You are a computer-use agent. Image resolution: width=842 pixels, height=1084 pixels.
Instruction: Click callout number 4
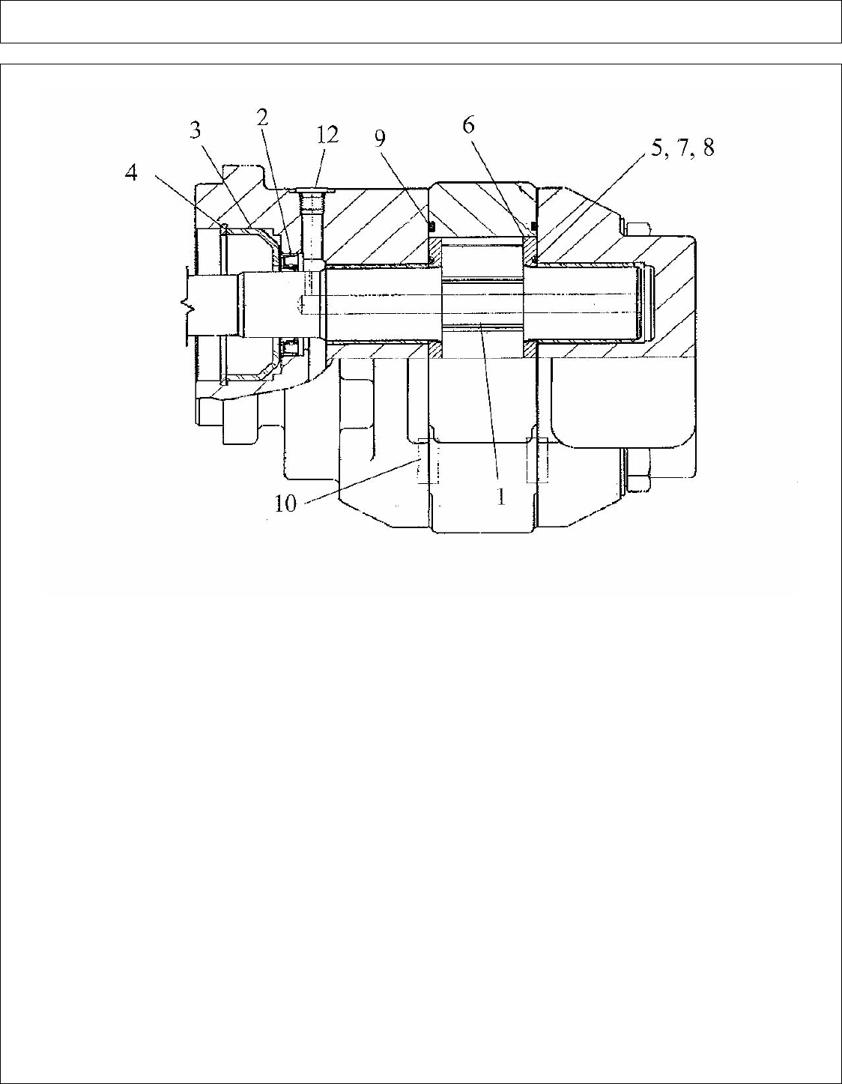click(x=131, y=173)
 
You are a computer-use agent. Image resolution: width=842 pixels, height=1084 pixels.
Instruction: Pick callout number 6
click(x=468, y=124)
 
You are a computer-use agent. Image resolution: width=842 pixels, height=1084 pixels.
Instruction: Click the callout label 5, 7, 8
click(x=682, y=148)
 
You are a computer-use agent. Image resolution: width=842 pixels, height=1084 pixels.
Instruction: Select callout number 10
click(x=285, y=503)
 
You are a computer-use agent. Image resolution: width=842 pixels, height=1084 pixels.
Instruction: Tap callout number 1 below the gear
click(x=502, y=497)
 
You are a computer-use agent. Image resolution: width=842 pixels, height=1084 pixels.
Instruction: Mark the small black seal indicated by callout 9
click(x=432, y=225)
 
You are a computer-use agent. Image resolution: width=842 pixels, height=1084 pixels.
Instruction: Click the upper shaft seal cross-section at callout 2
click(x=291, y=261)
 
